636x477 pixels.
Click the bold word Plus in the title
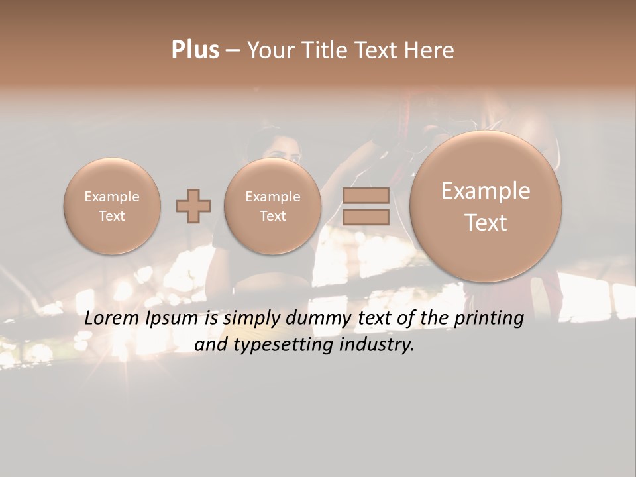click(195, 50)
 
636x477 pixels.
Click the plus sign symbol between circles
click(193, 207)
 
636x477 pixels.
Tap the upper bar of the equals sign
click(366, 196)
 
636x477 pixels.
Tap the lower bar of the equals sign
click(366, 217)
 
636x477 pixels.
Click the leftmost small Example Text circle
click(112, 206)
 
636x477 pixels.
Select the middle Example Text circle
click(273, 206)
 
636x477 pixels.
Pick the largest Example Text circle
click(486, 206)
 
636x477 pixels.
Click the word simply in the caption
click(252, 318)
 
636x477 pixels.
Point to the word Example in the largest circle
click(486, 191)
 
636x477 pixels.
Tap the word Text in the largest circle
click(486, 223)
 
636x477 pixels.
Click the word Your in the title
click(268, 50)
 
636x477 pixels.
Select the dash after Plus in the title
click(233, 50)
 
